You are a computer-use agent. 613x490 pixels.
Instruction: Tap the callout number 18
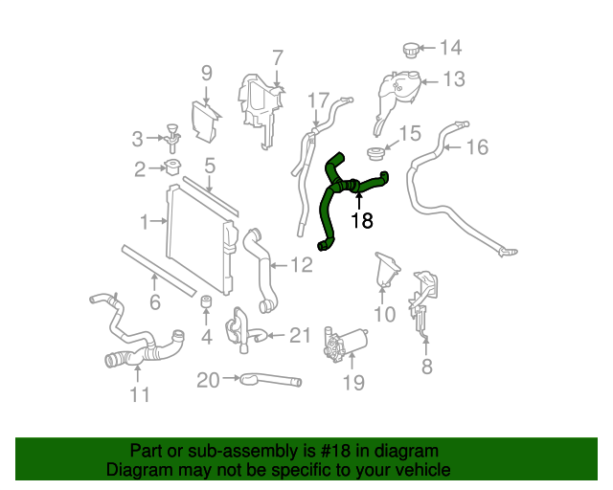click(361, 221)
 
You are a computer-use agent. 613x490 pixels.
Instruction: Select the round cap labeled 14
click(411, 48)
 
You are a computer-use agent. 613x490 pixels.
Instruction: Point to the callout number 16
click(477, 146)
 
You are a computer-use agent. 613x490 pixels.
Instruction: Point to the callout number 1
click(145, 222)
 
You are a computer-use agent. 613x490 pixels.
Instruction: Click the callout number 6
click(154, 304)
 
